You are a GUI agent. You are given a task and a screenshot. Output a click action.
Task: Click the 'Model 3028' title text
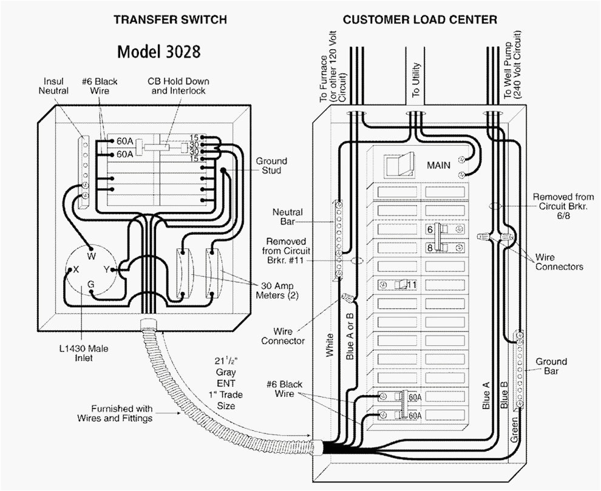158,52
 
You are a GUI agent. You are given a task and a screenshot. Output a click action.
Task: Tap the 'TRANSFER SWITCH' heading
170,19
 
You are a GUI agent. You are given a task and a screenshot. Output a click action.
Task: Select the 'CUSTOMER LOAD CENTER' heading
419,19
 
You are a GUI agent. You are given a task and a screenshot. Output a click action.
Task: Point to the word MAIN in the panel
439,165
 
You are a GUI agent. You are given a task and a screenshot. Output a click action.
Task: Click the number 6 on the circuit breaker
429,229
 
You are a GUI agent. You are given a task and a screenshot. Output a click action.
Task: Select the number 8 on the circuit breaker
429,248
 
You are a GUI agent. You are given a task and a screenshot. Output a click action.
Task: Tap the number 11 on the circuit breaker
412,284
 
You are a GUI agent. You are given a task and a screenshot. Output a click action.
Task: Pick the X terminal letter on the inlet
75,271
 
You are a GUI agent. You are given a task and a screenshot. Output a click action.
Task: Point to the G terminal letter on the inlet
90,283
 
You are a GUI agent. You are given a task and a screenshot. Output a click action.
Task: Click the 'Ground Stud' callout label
271,166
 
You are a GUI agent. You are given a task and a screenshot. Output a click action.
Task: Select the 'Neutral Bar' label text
287,217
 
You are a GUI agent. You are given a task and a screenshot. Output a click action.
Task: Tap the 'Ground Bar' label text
551,366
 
